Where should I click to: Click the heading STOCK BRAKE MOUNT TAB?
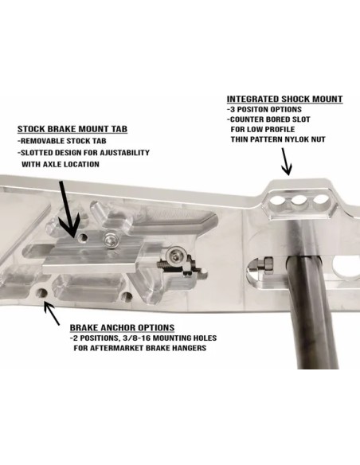click(x=72, y=129)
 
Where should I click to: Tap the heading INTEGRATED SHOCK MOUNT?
click(x=284, y=99)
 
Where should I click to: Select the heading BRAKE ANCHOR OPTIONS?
click(x=122, y=328)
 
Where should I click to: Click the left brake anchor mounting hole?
click(x=41, y=293)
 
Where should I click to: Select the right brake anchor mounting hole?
click(x=127, y=296)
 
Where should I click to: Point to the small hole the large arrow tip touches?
click(x=83, y=237)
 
